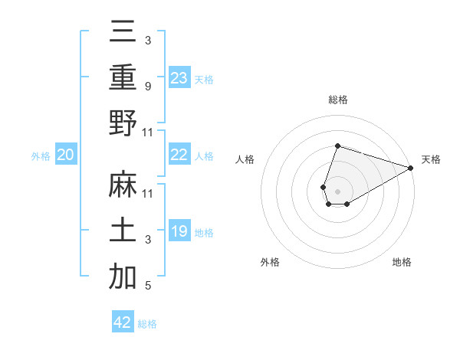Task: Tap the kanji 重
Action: click(123, 78)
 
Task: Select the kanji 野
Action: click(123, 123)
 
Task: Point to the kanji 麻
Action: click(123, 186)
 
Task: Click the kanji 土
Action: click(123, 231)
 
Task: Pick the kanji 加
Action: click(123, 277)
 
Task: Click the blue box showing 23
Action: click(179, 78)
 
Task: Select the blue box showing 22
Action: click(179, 155)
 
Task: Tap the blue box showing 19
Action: click(179, 231)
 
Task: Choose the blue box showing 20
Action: click(65, 155)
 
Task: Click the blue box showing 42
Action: click(123, 322)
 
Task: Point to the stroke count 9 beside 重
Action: click(147, 87)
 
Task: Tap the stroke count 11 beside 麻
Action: click(148, 194)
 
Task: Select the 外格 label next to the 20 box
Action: click(41, 156)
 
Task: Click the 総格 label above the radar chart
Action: click(337, 100)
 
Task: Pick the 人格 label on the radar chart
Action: click(245, 159)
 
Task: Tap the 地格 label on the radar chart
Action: click(402, 262)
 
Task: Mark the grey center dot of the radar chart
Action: click(337, 190)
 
